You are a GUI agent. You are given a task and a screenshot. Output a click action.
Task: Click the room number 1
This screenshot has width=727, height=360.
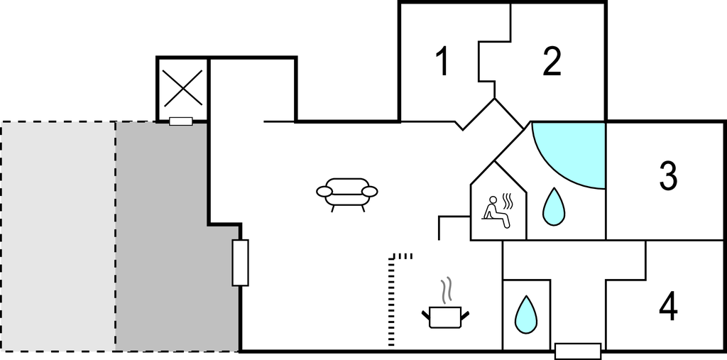442,62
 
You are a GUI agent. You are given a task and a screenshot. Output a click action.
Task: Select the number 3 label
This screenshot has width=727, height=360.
667,176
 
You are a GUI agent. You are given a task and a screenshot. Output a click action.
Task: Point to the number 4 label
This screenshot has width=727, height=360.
667,307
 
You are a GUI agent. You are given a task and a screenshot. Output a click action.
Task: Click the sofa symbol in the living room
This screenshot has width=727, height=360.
347,193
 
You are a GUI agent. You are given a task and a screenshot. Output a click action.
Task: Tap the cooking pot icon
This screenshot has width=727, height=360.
446,316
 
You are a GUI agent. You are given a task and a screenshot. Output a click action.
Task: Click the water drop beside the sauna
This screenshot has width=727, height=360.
555,206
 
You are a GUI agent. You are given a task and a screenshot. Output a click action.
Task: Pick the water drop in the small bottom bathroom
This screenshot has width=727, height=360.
525,314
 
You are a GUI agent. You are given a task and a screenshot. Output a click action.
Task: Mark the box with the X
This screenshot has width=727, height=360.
182,88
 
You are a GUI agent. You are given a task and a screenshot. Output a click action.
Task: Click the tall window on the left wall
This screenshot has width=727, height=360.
241,263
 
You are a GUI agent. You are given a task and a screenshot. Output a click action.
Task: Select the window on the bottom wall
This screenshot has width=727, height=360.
578,350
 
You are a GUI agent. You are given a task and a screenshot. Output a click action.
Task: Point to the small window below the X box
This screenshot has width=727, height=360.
181,121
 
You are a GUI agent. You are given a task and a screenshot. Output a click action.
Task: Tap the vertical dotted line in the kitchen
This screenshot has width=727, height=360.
390,302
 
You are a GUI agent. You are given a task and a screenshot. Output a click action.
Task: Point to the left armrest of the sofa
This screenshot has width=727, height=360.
324,192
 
